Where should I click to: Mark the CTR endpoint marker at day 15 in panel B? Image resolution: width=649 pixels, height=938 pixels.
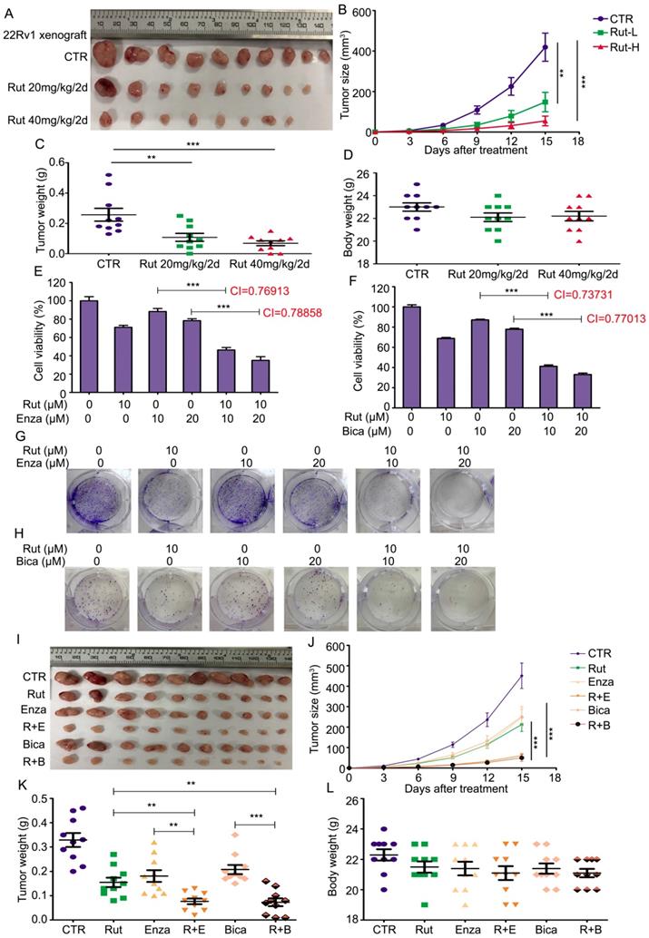(x=546, y=47)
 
